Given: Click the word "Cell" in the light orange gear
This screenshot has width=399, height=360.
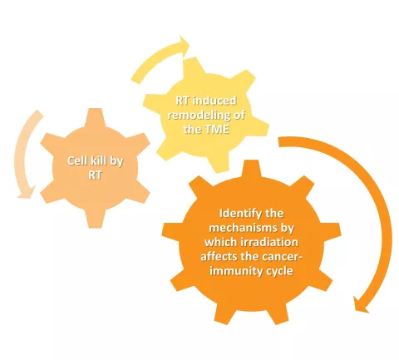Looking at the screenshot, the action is point(76,160).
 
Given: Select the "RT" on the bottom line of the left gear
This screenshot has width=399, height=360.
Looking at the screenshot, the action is point(95,175).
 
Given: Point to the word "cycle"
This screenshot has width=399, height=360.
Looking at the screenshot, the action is point(279,271).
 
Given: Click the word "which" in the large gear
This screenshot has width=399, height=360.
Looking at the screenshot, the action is point(221,242).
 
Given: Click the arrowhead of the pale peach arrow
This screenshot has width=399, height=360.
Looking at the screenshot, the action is point(26,193).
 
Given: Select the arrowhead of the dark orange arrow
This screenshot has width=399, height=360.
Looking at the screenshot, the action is point(362,304).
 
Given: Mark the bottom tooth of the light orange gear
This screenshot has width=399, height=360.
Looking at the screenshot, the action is point(95,219).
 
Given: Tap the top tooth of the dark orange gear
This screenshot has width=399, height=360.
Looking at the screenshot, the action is point(252,168).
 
